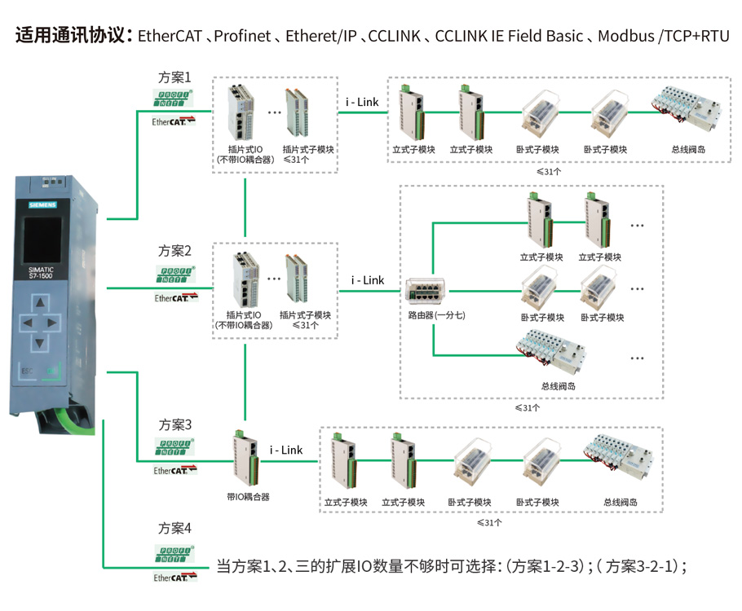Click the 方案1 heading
175,77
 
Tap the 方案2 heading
175,250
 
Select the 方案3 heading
175,424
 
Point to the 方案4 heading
175,529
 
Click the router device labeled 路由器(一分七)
426,290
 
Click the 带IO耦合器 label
248,496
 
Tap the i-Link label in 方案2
368,280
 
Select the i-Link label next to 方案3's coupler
286,450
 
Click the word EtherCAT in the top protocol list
170,36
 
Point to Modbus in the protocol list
625,36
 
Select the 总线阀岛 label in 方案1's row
688,150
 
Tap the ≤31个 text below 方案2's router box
527,407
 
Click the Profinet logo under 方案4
175,556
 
